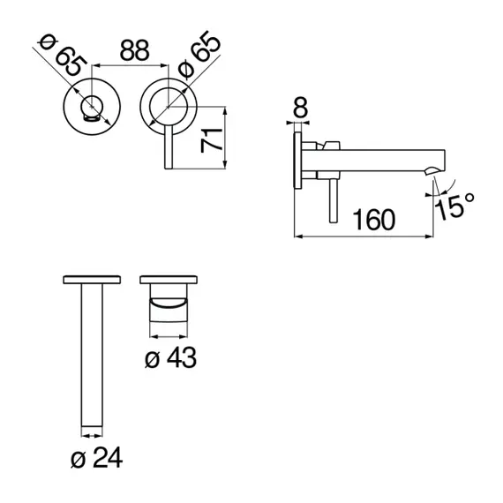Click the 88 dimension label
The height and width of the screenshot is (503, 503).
pos(134,50)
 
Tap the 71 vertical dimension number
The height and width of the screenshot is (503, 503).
pos(211,140)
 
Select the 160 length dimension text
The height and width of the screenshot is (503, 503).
pos(374,220)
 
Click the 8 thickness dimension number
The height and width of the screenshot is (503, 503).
pos(300,107)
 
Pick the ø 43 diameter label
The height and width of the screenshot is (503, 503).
pos(170,357)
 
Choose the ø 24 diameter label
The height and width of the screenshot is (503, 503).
pos(96,458)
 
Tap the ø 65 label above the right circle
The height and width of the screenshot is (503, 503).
pos(199,54)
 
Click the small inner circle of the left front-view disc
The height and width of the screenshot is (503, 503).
pos(93,107)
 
